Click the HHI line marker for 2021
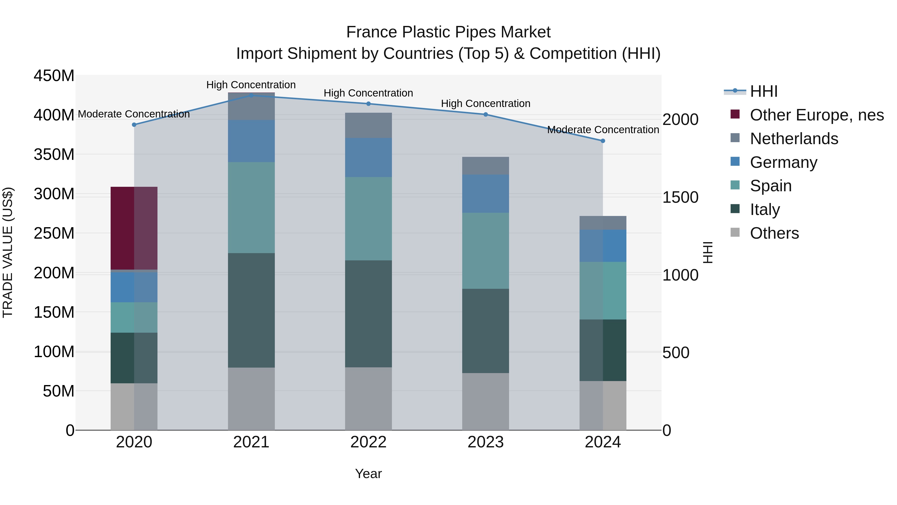[251, 95]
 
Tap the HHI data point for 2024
[603, 141]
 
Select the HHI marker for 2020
[134, 125]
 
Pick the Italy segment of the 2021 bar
[251, 310]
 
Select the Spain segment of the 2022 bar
[369, 218]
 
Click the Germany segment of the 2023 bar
[485, 194]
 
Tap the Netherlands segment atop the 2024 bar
[603, 223]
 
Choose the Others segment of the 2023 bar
[485, 402]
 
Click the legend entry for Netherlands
[794, 139]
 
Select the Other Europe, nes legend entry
[816, 115]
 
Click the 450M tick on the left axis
[54, 76]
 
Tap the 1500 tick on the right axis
[680, 197]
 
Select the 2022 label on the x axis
[369, 442]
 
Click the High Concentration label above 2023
[485, 103]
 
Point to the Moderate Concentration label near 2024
[603, 130]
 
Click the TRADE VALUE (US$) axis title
[8, 252]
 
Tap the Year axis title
[369, 474]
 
